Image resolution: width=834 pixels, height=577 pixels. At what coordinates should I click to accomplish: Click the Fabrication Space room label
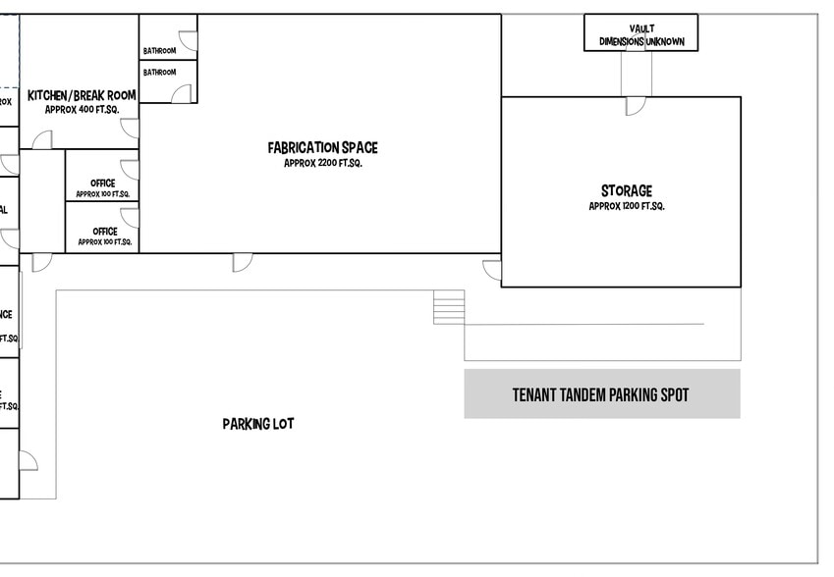(322, 148)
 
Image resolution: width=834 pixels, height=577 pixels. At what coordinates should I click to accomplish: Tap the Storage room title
(626, 191)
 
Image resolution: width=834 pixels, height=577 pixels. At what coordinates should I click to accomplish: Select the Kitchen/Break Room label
(82, 95)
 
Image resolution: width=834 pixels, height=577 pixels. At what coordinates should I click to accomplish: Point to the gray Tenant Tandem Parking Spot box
(601, 394)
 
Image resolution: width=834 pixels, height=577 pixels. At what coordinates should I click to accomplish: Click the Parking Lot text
(257, 424)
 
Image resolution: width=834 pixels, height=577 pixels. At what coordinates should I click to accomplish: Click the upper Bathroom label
(159, 51)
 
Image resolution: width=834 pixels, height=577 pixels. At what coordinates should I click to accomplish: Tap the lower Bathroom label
(159, 73)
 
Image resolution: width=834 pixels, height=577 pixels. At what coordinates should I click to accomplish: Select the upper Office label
(102, 184)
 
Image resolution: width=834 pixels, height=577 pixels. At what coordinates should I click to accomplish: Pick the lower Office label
(104, 232)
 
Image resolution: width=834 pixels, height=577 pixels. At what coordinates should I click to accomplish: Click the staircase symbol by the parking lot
(448, 307)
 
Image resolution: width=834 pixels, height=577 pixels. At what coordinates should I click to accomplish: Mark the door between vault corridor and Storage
(636, 105)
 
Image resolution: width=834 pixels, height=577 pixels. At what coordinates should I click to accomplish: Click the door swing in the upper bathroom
(188, 41)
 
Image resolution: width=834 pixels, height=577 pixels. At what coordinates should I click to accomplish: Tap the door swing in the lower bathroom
(182, 92)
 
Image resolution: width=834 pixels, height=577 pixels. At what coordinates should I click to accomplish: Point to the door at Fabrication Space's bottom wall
(243, 262)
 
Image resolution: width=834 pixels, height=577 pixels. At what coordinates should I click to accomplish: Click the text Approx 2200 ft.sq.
(322, 163)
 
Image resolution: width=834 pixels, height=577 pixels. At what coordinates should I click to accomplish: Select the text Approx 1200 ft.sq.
(626, 207)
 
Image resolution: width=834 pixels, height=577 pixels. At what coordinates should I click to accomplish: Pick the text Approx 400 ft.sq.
(81, 110)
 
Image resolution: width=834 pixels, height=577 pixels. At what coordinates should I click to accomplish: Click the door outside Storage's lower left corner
(492, 270)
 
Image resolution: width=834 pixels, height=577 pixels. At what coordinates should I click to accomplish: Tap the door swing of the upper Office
(130, 170)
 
